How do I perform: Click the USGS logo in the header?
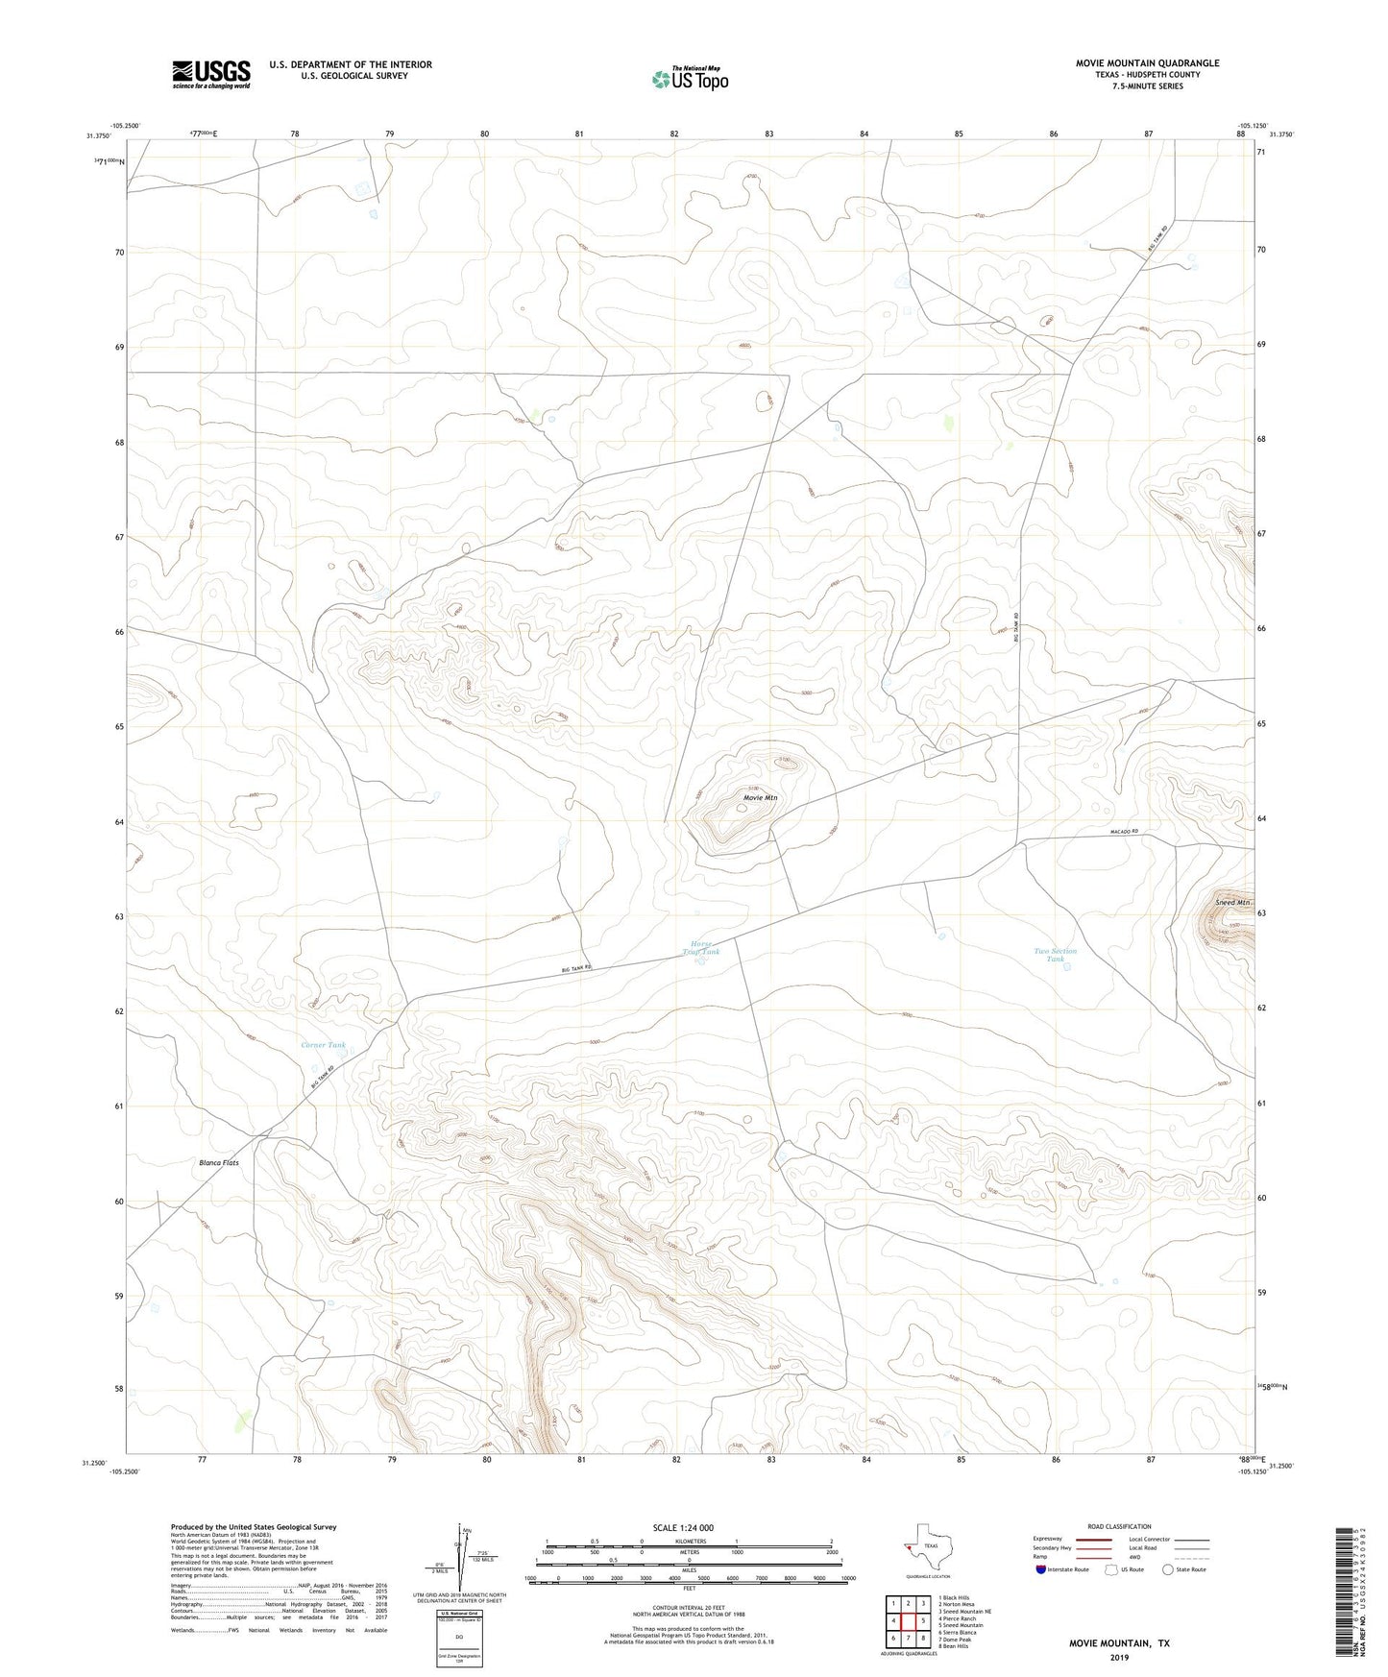click(211, 74)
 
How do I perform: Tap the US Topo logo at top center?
click(690, 78)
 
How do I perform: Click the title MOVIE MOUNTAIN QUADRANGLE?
click(1147, 63)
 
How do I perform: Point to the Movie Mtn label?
click(760, 797)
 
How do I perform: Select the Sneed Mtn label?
click(1232, 903)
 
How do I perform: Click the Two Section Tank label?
click(1055, 955)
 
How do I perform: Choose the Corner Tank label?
click(323, 1045)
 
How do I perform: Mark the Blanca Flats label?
click(219, 1163)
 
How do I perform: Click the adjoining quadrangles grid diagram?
click(908, 1621)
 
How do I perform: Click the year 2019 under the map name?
click(1119, 1657)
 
